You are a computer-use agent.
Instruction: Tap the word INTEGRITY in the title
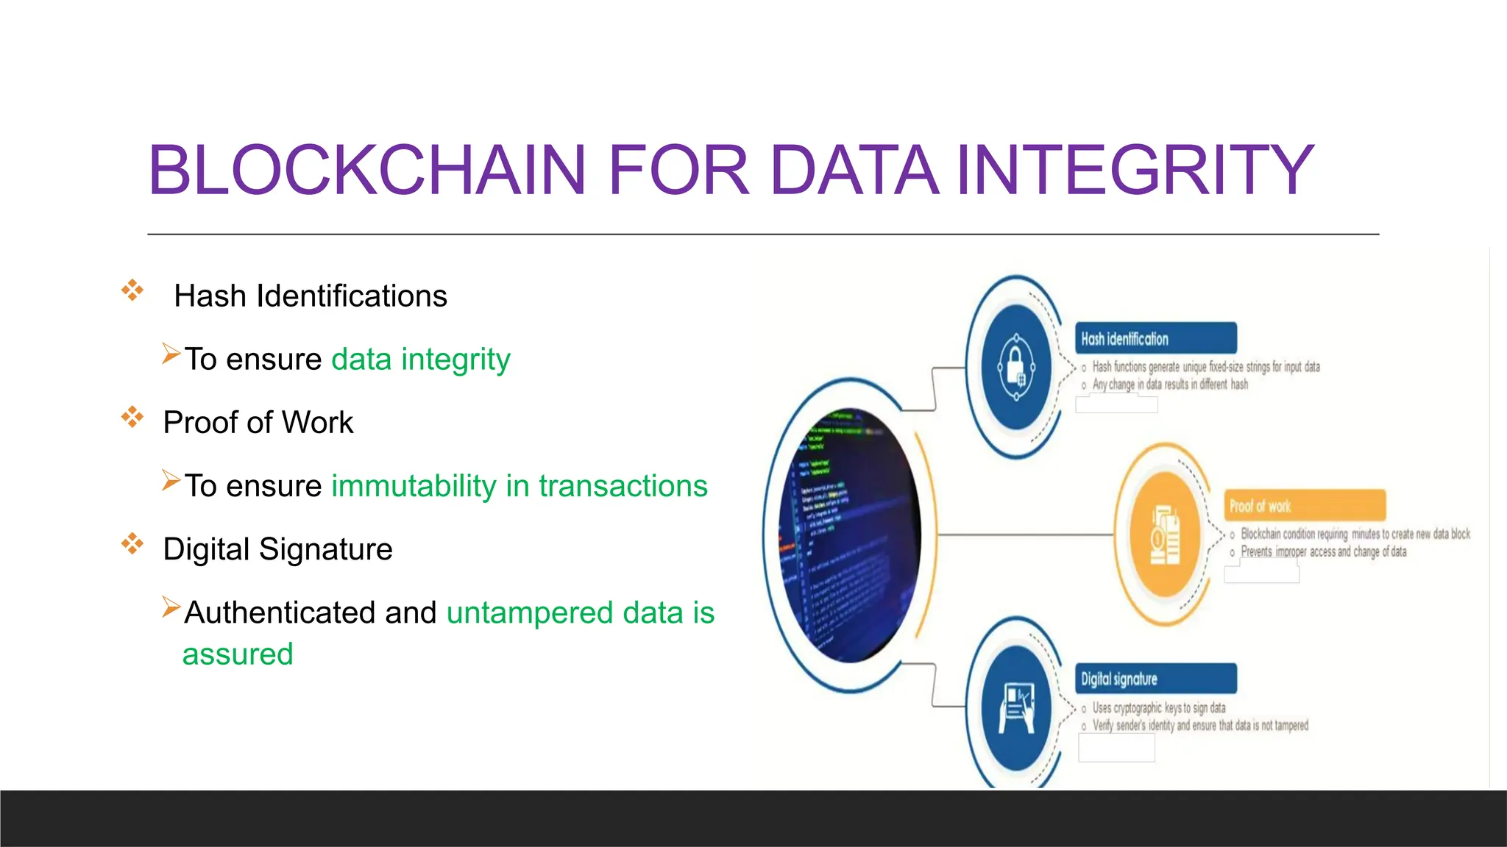pos(1133,171)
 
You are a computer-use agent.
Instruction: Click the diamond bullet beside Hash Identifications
pos(132,290)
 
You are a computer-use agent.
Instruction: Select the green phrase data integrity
pos(420,360)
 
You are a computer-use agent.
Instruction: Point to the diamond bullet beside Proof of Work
pos(132,417)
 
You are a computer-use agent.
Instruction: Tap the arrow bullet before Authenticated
pos(171,607)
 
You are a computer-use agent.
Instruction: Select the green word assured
pos(238,654)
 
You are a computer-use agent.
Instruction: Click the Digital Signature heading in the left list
pos(277,549)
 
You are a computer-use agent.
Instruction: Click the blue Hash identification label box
pos(1155,339)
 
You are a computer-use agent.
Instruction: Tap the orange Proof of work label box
pos(1304,506)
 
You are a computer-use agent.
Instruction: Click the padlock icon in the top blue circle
pos(1016,366)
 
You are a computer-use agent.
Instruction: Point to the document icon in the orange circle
pos(1165,535)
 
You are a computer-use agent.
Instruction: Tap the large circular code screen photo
pos(850,535)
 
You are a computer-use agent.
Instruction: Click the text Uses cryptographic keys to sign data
pos(1158,708)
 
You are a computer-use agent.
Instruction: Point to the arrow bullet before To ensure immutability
pos(171,481)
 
